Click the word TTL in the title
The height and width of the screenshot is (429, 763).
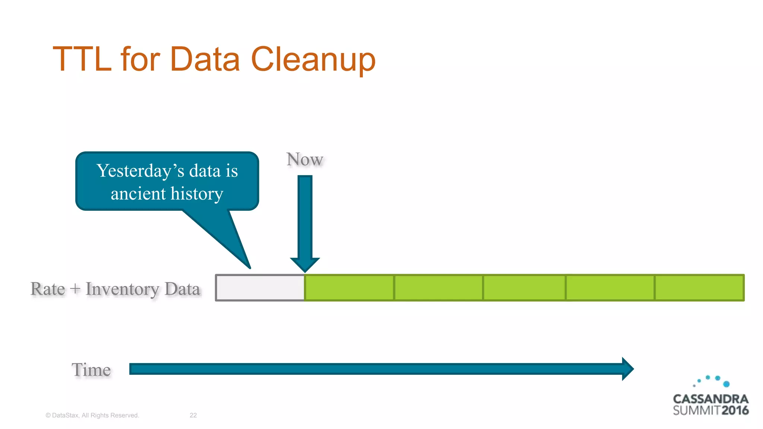tap(82, 59)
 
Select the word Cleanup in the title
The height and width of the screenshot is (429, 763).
tap(313, 60)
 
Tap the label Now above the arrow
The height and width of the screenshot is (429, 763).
tap(304, 159)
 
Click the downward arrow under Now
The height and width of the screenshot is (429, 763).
tap(305, 223)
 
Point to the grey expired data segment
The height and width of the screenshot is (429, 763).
tap(260, 287)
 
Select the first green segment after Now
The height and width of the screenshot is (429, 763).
tap(349, 287)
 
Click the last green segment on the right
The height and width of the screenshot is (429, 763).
tap(699, 287)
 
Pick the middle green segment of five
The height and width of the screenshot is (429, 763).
tap(524, 287)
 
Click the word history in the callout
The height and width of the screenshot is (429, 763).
tap(197, 194)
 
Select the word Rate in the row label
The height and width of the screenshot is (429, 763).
tap(48, 289)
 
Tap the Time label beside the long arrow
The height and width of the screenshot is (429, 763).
tap(91, 370)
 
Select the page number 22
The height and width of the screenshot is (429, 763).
tap(193, 415)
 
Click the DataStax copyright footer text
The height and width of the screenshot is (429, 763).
tap(92, 415)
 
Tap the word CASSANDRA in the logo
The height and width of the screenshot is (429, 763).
tap(710, 399)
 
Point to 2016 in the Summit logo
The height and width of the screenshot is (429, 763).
tap(735, 411)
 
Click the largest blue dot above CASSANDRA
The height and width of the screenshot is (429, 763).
tap(726, 384)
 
